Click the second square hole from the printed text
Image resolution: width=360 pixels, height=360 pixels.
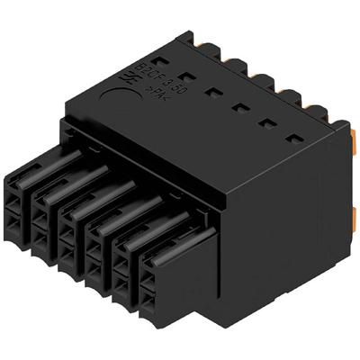tap(212, 91)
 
